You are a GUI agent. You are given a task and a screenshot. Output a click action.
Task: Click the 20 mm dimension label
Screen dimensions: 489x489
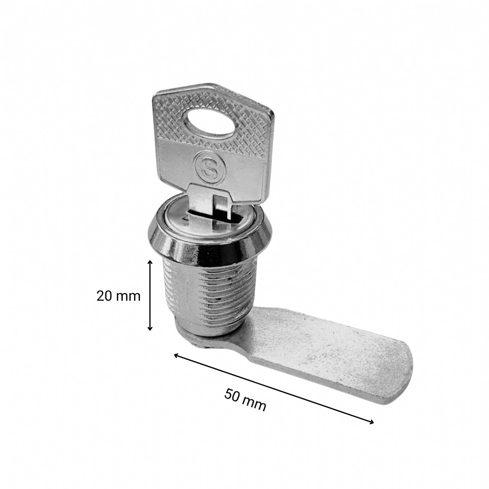point(118,296)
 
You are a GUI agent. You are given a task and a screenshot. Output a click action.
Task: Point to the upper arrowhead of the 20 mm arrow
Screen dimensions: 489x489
point(150,263)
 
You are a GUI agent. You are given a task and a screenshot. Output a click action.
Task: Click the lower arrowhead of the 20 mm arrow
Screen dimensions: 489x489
point(150,328)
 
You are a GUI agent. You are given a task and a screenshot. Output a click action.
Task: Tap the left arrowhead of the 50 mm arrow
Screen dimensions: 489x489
point(176,355)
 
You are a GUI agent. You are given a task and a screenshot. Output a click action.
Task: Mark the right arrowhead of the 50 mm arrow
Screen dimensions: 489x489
point(371,421)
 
